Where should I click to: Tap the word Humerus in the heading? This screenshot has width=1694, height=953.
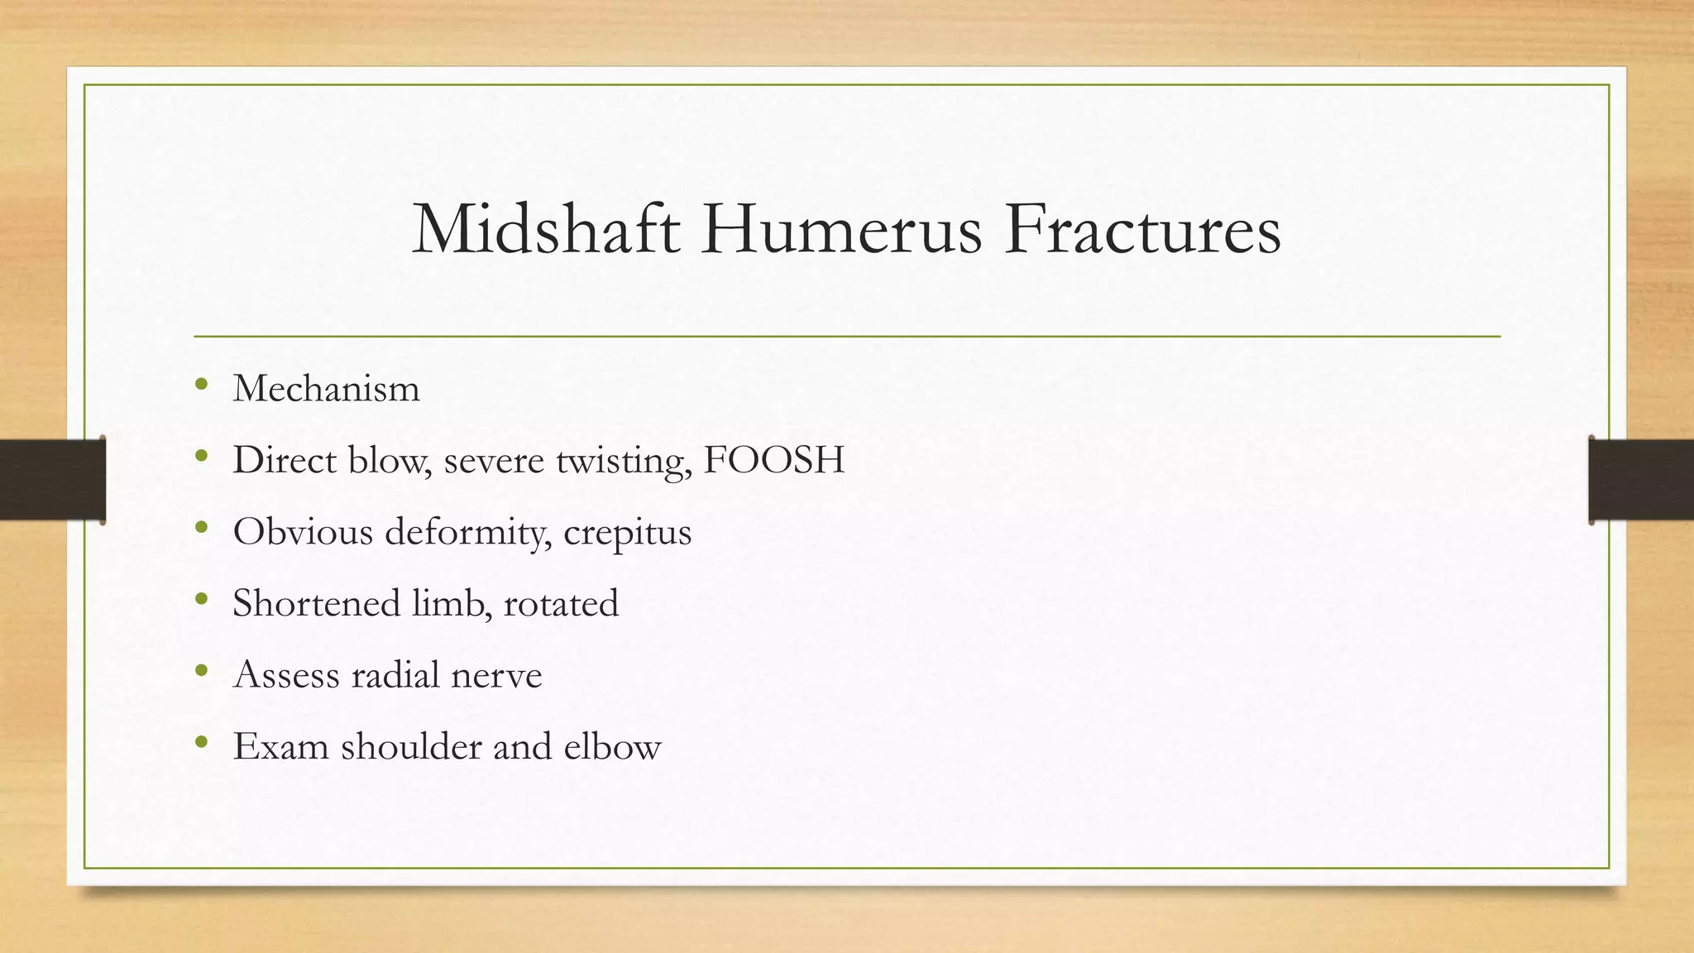coord(841,230)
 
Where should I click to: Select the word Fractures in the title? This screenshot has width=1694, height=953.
coord(1142,230)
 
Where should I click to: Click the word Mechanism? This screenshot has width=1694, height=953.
coord(326,388)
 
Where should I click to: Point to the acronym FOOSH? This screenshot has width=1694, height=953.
coord(773,460)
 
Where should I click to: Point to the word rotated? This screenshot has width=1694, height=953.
coord(561,603)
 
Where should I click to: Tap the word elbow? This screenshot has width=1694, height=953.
coord(612,746)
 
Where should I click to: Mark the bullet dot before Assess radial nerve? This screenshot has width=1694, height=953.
coord(202,671)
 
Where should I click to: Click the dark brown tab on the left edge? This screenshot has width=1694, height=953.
coord(52,480)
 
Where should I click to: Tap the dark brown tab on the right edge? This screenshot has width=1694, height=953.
coord(1641,480)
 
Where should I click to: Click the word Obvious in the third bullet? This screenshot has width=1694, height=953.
coord(303,532)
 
